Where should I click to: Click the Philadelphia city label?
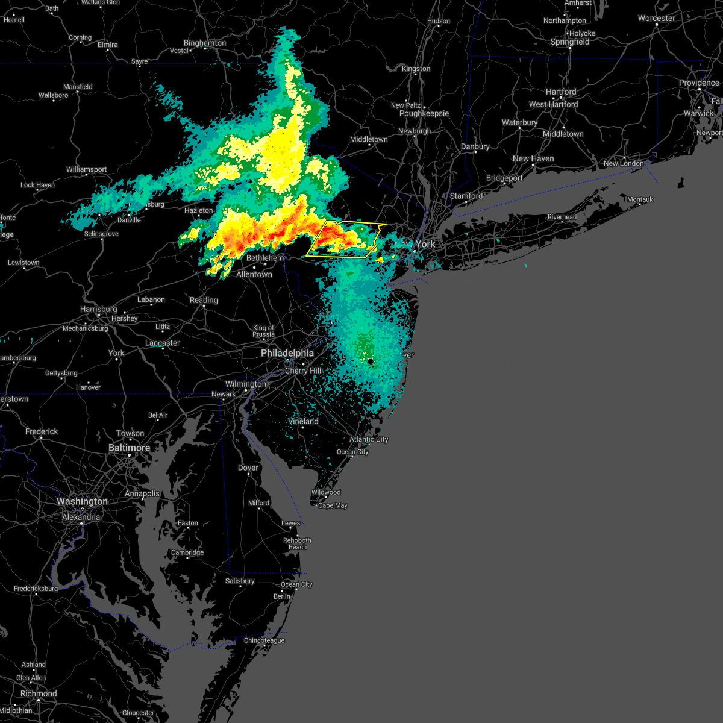[287, 353]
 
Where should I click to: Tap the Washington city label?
[83, 501]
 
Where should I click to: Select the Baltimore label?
[130, 448]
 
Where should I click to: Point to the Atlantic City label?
[369, 439]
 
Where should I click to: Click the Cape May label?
[333, 505]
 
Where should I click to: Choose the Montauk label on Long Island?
[640, 199]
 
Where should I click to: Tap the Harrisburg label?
[99, 309]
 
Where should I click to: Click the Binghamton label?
[205, 43]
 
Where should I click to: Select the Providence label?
[699, 83]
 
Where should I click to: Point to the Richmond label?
[38, 693]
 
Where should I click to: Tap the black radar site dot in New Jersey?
[371, 361]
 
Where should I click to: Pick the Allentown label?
[254, 274]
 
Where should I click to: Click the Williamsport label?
[87, 170]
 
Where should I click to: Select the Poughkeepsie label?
[424, 113]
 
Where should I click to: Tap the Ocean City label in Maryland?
[296, 584]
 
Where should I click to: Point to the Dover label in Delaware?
[248, 468]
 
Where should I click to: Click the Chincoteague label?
[264, 640]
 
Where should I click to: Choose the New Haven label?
[533, 158]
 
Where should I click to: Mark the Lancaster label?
[163, 343]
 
